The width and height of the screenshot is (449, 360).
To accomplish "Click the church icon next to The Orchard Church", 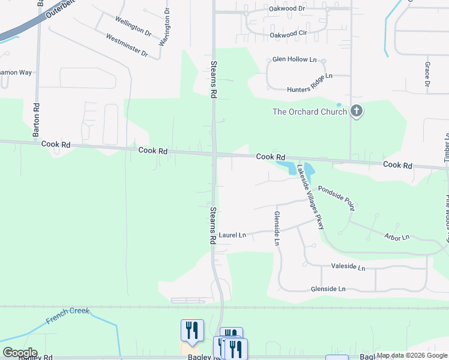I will tap(357, 111).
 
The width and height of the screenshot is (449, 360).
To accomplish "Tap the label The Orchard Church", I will tap(310, 112).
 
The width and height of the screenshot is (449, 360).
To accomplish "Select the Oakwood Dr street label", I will tap(288, 9).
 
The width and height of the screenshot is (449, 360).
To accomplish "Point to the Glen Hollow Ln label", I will tap(294, 59).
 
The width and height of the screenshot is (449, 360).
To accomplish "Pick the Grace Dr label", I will tap(427, 74).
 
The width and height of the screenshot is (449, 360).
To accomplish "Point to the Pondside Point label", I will tap(337, 197).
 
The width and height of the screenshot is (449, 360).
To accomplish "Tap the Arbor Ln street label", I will tap(397, 238).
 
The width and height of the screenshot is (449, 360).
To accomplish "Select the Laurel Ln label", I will tap(232, 235).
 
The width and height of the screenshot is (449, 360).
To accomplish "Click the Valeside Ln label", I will tap(348, 266).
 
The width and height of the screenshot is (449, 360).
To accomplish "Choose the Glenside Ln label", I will tap(328, 289).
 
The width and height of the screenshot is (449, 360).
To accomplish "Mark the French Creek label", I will tap(68, 316).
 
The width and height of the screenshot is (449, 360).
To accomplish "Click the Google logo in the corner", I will tap(19, 353).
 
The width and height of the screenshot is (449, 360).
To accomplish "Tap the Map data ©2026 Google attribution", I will tap(412, 356).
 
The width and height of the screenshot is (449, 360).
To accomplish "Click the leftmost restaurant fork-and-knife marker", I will tap(192, 330).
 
